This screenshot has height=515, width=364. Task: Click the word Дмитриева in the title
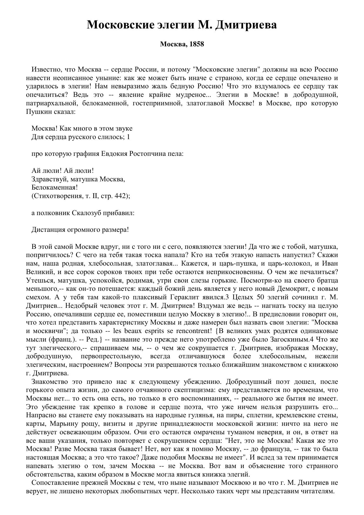(246, 25)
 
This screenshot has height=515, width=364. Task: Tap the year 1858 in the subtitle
(197, 44)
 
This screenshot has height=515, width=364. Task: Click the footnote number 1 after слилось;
(128, 137)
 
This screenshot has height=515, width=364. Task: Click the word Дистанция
(48, 229)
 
